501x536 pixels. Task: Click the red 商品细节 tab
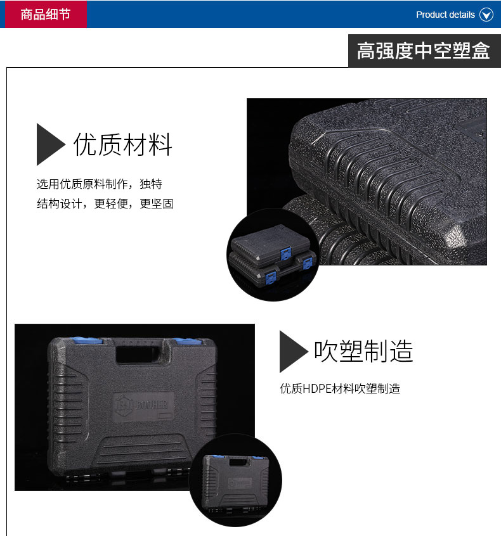46,14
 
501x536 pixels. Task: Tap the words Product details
445,15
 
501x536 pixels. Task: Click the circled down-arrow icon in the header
486,15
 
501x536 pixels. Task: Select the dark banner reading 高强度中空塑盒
424,51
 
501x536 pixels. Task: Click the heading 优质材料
123,144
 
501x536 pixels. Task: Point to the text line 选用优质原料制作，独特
99,184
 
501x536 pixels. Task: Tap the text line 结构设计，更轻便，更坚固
105,204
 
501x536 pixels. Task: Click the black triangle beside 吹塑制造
292,352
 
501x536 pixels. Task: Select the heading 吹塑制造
364,351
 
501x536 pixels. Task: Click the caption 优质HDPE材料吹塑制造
340,388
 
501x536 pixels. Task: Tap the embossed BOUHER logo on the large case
143,405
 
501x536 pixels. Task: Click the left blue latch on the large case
87,340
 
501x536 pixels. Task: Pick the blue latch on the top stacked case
285,253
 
